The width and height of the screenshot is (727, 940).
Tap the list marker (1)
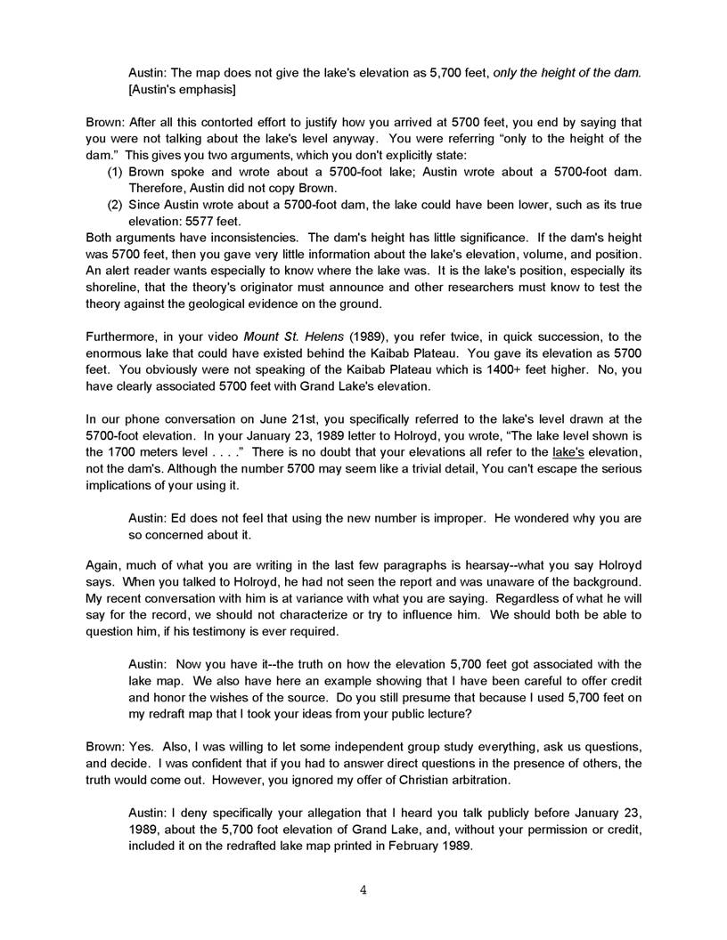click(115, 172)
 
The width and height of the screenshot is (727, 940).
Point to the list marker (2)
click(115, 205)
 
